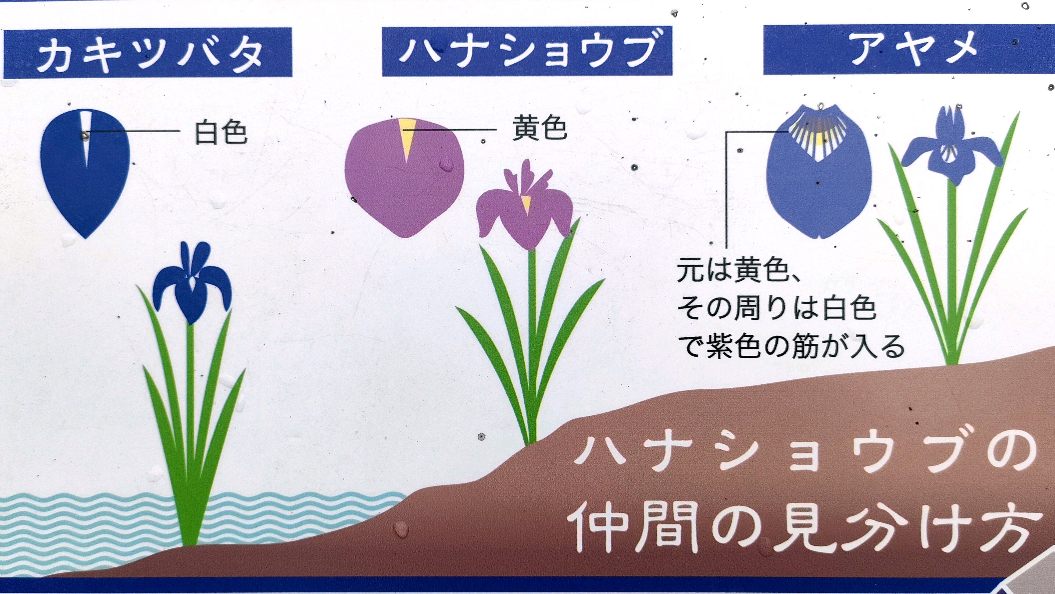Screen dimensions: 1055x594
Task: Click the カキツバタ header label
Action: pyautogui.click(x=148, y=52)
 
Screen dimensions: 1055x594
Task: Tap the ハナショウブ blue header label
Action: pyautogui.click(x=527, y=51)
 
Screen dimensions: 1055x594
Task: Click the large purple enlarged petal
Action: pyautogui.click(x=405, y=178)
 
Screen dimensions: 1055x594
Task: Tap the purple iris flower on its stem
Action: pyautogui.click(x=525, y=205)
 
